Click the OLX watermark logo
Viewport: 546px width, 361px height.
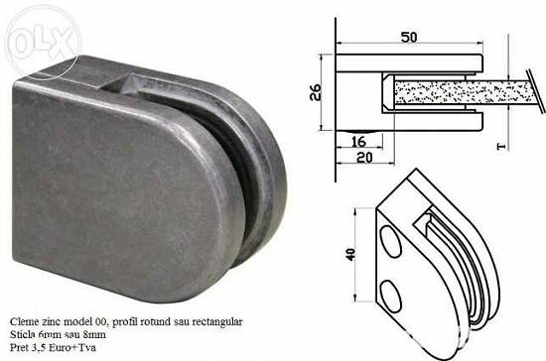[44, 43]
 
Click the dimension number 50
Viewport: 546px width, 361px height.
[409, 38]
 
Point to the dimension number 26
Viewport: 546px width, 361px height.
[316, 92]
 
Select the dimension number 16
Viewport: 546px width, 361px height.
[358, 142]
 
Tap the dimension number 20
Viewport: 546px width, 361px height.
[364, 158]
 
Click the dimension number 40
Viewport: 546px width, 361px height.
[351, 255]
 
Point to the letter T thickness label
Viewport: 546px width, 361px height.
[501, 147]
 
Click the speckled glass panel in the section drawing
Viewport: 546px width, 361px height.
[464, 92]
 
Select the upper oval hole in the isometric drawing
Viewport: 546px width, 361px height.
[391, 241]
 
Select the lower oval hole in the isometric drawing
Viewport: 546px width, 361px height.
[391, 296]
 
